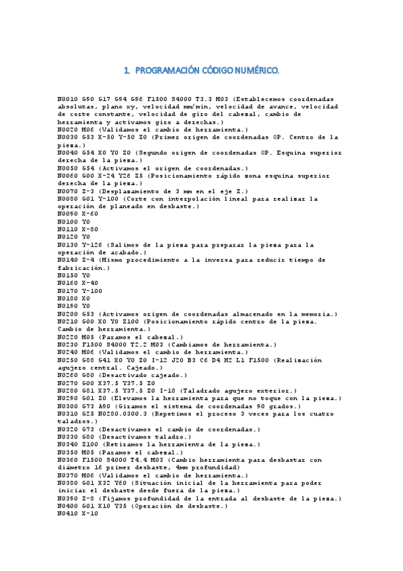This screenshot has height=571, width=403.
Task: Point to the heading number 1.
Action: click(127, 70)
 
